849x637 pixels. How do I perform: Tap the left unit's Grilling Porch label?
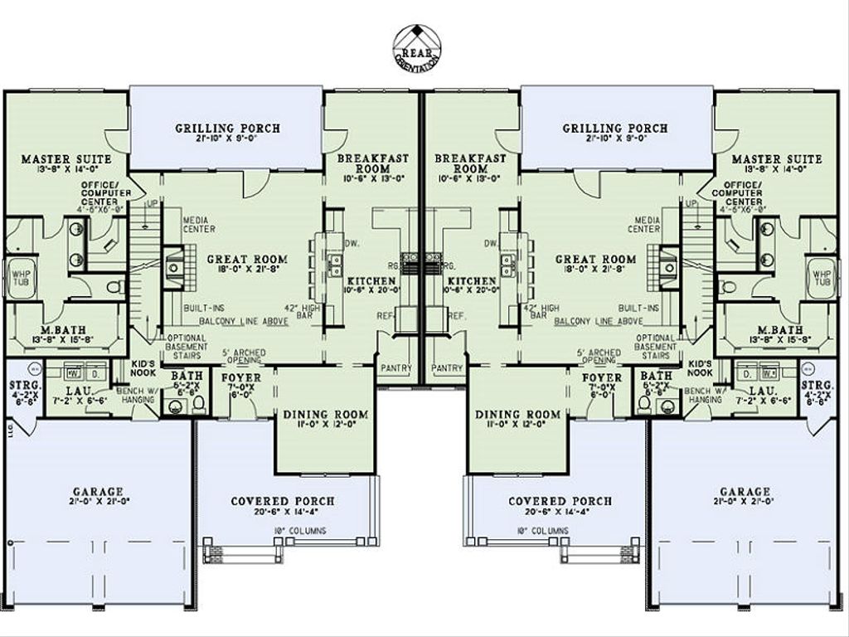[x=227, y=129]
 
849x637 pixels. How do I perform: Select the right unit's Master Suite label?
[x=783, y=159]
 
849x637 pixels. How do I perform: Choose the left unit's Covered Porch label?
[x=283, y=502]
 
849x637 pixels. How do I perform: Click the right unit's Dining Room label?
[x=517, y=415]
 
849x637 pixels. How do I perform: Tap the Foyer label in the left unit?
[x=241, y=378]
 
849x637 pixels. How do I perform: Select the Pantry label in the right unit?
[x=448, y=367]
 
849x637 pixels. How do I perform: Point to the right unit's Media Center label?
[x=643, y=224]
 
